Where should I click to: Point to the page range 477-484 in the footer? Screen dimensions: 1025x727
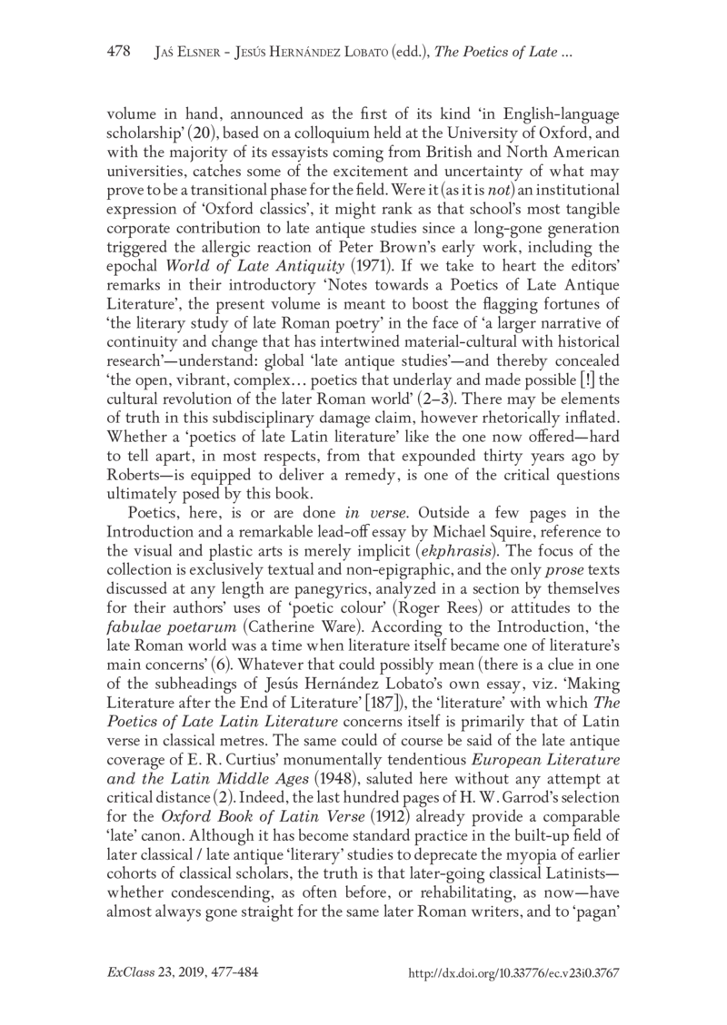tap(232, 974)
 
